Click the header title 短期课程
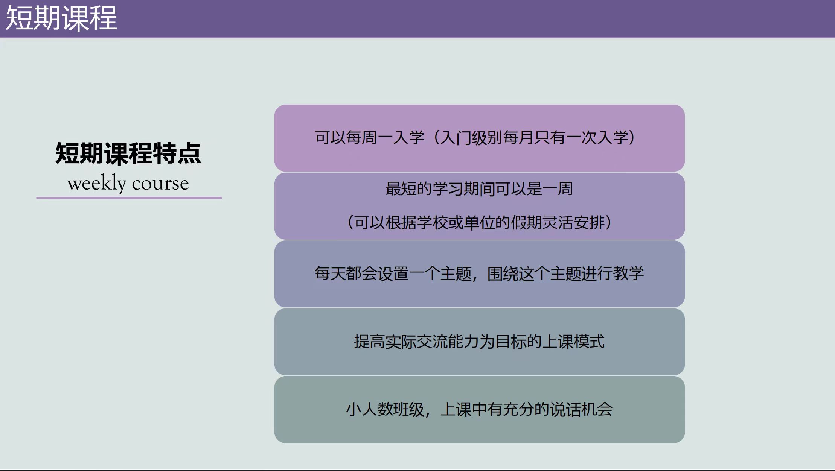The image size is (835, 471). point(61,18)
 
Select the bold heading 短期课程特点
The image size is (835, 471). point(128,153)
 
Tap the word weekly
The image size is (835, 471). point(97,184)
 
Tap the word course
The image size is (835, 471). point(160,184)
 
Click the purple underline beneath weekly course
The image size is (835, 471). point(129,198)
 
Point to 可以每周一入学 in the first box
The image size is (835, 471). point(370,138)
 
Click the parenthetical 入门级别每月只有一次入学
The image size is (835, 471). point(534,138)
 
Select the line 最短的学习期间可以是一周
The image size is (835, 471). point(479,189)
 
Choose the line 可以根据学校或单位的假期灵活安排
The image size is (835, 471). point(479,223)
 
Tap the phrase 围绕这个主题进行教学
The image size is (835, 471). point(565,273)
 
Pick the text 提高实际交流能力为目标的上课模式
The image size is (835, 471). point(479,342)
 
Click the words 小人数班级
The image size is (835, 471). point(385,409)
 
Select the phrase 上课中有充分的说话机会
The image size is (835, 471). point(526,409)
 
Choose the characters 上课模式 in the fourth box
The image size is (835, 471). point(573,342)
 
